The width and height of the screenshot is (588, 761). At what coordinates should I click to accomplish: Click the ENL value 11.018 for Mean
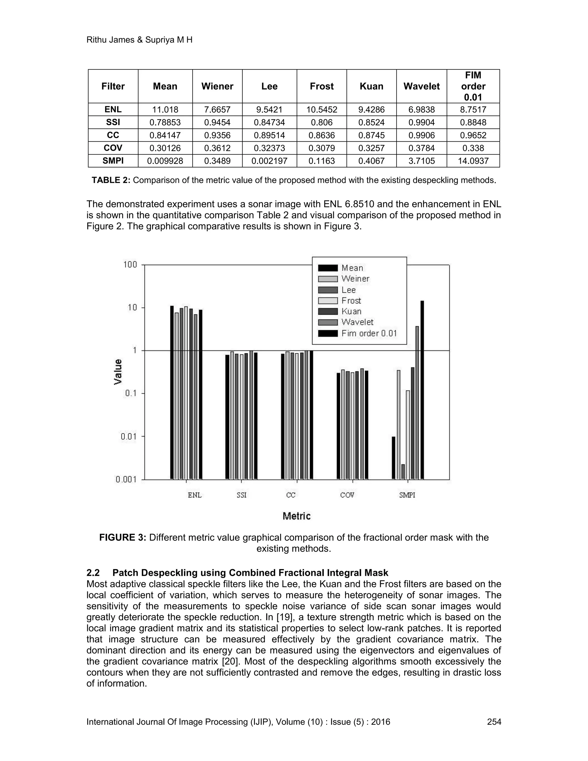[x=165, y=110]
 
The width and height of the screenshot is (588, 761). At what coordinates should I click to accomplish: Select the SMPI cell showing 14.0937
[x=473, y=161]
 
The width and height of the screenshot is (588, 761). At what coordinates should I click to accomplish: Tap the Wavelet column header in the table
[x=421, y=86]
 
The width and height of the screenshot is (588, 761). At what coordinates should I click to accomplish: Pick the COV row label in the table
[x=113, y=148]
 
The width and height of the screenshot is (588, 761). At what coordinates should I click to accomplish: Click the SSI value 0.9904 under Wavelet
[x=421, y=123]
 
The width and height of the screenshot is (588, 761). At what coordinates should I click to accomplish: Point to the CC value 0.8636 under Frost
[x=322, y=135]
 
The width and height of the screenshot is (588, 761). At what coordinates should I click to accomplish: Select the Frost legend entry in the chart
[x=351, y=301]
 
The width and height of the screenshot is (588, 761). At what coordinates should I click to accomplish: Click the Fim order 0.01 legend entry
[x=369, y=333]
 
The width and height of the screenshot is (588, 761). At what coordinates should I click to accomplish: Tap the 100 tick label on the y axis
[x=130, y=265]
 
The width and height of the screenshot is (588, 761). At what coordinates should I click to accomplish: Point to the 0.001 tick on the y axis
[x=126, y=480]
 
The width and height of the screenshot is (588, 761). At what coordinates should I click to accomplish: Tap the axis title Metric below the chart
[x=296, y=516]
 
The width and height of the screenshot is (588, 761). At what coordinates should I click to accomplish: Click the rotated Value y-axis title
[x=119, y=372]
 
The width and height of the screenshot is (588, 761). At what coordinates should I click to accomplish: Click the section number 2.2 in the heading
[x=93, y=573]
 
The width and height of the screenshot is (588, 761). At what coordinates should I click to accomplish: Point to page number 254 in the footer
[x=494, y=722]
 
